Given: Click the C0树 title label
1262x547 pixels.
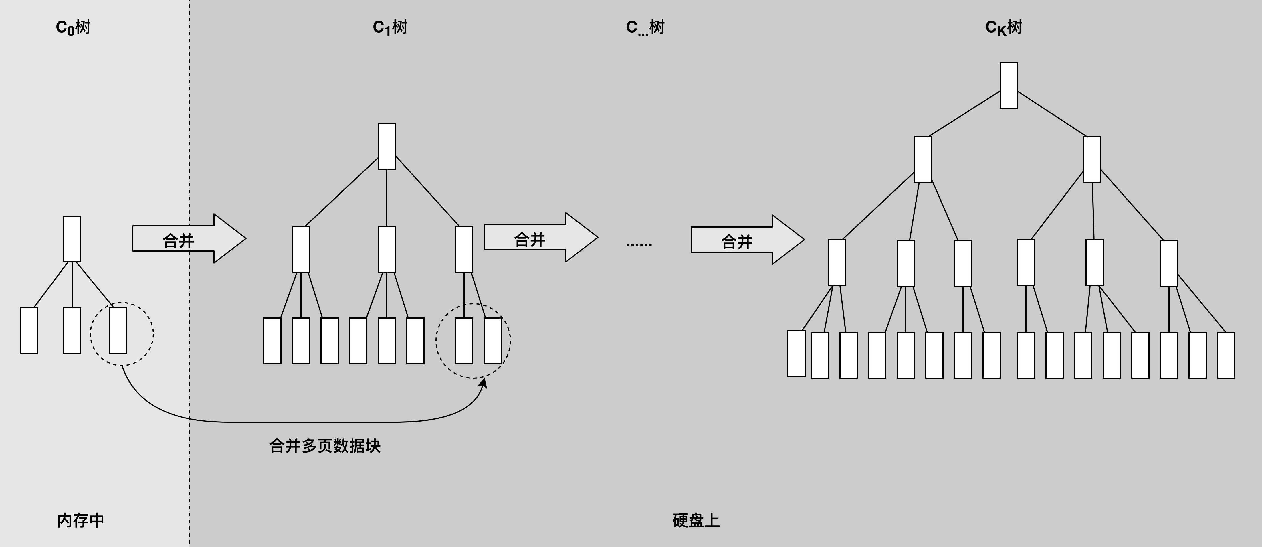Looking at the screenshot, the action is pos(73,27).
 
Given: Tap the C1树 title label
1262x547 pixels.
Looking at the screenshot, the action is pos(390,27).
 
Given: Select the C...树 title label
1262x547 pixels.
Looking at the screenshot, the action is pos(645,27).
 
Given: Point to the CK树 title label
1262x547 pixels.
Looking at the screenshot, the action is pos(1004,27).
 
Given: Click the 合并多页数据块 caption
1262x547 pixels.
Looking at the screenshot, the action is pos(325,446).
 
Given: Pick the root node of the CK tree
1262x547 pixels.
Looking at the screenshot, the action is pos(1009,85).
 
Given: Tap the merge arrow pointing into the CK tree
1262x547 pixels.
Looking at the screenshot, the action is pos(748,240).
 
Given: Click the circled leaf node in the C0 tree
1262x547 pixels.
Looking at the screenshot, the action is pos(118,330).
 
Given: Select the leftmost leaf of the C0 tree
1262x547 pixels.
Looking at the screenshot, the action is pos(29,330).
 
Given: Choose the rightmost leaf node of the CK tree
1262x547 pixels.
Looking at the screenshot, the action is pos(1226,355).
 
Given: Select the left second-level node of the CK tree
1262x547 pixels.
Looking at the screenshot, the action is pos(923,159).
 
